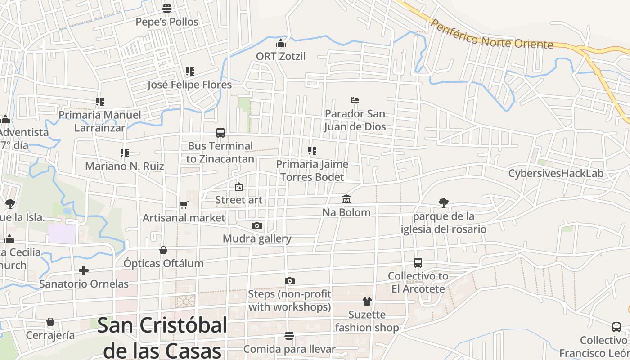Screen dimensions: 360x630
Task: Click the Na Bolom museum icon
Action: point(346,199)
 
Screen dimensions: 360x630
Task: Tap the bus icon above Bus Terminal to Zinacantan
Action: point(220,133)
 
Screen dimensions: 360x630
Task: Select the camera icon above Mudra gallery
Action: point(257,225)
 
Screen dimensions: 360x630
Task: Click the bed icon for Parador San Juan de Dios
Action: point(355,100)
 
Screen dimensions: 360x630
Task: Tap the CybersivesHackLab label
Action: point(556,174)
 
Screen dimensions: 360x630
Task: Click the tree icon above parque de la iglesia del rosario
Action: point(444,203)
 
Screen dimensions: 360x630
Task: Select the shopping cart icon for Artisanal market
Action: point(184,205)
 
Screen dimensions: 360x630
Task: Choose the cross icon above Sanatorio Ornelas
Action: point(84,270)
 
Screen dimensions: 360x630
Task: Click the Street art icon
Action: point(239,187)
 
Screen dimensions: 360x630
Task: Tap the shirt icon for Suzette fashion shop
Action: point(367,301)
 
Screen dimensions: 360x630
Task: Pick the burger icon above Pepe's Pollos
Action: point(167,9)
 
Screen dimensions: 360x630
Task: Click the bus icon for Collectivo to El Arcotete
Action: point(418,263)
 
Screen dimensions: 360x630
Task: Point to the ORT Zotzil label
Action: point(281,56)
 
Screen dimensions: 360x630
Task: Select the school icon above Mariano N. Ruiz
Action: point(125,153)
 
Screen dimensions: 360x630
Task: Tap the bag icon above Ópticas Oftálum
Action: point(163,250)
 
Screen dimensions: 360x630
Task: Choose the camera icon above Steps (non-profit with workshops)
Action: point(290,281)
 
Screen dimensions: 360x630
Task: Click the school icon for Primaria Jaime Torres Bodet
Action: point(312,151)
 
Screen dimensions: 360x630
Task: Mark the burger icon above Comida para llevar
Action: point(289,336)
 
